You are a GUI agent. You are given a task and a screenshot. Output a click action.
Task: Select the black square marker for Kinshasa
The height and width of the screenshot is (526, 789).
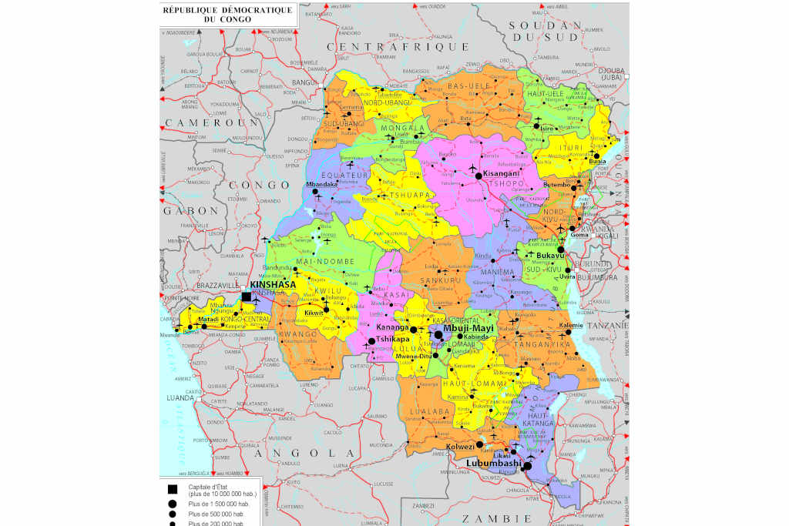(247, 297)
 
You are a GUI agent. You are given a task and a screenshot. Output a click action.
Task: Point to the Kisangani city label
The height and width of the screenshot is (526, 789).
(502, 173)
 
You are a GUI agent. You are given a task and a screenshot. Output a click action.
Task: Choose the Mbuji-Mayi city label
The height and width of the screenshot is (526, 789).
(473, 327)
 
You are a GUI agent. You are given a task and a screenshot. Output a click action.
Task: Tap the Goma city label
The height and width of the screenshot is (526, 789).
(579, 235)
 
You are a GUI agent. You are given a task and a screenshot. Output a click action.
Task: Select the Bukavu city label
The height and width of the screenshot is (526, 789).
(552, 254)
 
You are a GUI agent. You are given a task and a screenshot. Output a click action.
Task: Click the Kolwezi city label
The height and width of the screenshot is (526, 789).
(461, 447)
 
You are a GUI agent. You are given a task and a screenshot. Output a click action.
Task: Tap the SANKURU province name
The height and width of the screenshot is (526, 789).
(442, 282)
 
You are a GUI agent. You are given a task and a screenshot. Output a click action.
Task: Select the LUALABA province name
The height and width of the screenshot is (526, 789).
(430, 412)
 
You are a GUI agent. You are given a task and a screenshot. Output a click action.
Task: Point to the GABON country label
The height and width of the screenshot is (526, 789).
(190, 210)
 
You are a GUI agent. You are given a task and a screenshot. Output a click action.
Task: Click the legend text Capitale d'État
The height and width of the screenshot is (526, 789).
(210, 487)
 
